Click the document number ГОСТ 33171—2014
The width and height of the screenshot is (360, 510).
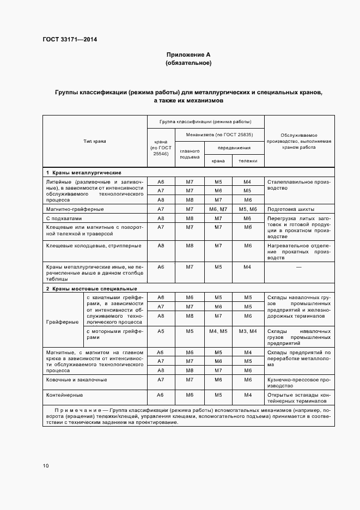coord(66,40)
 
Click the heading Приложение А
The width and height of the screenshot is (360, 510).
coord(188,55)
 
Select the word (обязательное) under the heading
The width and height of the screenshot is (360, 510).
coord(188,63)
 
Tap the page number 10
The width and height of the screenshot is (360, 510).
coord(46,466)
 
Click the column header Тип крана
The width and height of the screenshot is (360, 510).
coord(95,141)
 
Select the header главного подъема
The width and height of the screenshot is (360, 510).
coord(190,154)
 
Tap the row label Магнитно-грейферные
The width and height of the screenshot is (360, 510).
coord(75,209)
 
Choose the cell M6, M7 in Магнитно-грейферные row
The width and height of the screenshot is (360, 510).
coord(218,209)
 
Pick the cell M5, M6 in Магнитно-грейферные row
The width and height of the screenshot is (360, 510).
coord(247,209)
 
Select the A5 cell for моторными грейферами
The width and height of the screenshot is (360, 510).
coord(161,331)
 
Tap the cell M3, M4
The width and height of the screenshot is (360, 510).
coord(247,331)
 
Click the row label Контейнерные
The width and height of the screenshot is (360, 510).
coord(64,394)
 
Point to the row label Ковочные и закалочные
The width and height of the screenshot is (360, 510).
coord(76,379)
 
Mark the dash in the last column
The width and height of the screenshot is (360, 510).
coord(298,267)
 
